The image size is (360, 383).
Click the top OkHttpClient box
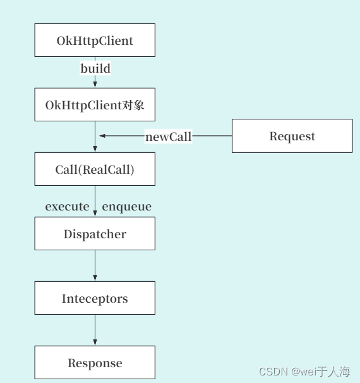95,40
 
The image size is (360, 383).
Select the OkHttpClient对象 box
95,105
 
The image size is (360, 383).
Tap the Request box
292,136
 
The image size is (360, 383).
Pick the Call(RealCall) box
95,169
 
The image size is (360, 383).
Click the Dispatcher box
95,234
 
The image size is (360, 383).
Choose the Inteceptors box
95,298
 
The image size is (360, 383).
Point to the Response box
95,363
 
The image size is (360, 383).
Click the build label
95,68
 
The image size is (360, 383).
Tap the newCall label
168,137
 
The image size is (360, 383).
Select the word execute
67,207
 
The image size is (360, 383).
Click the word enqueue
126,207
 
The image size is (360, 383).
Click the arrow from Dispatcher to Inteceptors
95,265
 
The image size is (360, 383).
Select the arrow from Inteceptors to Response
95,330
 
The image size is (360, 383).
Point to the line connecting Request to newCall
212,136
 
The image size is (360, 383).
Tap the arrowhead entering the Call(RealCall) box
95,149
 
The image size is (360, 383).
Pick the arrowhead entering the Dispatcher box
95,214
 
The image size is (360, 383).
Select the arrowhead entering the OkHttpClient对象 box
95,85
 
